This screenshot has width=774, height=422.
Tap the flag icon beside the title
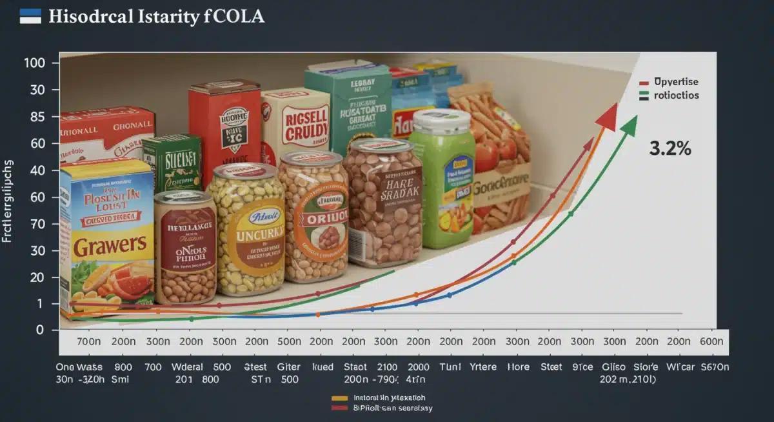point(31,16)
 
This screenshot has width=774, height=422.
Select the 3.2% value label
point(671,148)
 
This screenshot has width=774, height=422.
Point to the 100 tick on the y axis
point(33,63)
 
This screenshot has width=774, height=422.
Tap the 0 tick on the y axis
point(39,330)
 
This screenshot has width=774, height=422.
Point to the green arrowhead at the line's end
point(628,124)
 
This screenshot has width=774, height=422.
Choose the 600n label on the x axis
point(711,341)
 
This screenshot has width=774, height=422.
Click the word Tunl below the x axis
point(450,367)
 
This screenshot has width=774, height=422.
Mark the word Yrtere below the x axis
point(484,367)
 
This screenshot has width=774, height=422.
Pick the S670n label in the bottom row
point(714,367)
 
